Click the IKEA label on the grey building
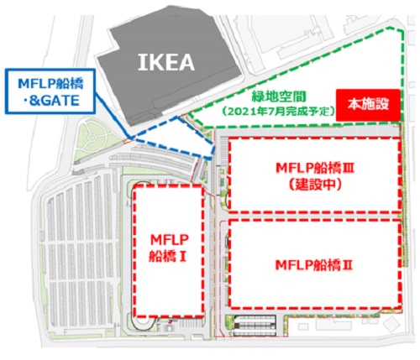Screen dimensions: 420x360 point(166,62)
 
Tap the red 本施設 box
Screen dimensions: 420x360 point(368,105)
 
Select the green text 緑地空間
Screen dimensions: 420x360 point(279,97)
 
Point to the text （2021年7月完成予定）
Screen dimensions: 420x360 point(279,112)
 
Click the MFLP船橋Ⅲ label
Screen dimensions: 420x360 point(315,169)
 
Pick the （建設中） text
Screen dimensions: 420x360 point(315,185)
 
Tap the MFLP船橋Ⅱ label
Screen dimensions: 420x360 point(314,265)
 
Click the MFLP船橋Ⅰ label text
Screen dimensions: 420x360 point(169,248)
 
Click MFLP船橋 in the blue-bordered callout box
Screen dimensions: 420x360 point(50,84)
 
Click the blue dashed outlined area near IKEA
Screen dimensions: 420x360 point(174,138)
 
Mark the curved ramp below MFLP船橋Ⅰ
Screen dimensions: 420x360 point(143,326)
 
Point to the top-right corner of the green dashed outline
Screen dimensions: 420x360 point(403,30)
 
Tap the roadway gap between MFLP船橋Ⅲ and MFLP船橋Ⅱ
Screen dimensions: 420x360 point(313,216)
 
